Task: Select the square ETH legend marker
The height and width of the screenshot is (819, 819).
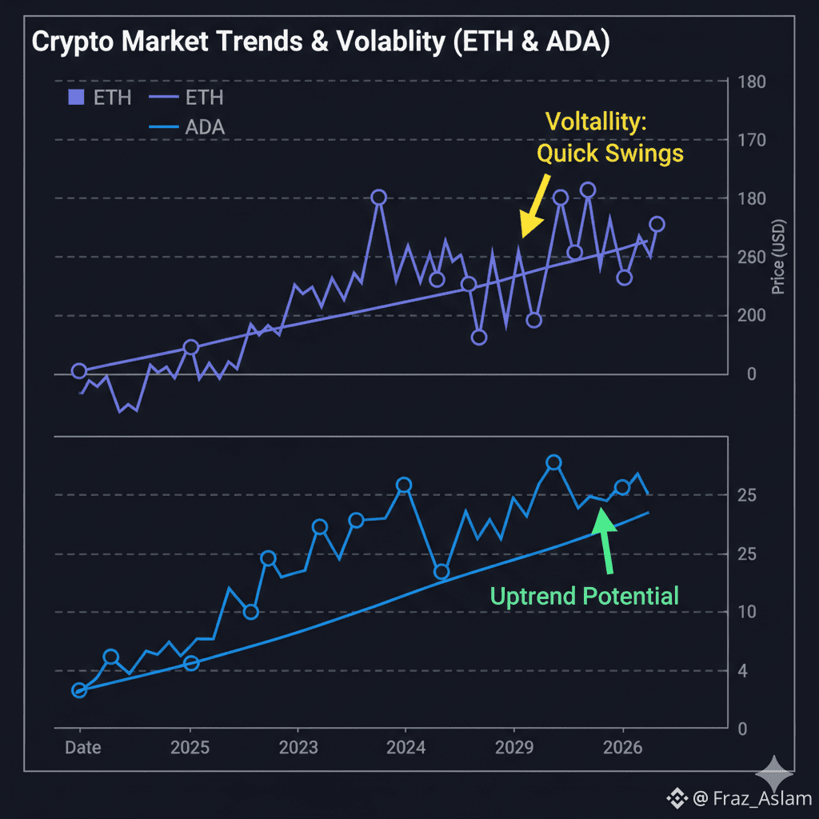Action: (x=76, y=98)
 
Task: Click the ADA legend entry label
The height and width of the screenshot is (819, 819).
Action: (x=205, y=127)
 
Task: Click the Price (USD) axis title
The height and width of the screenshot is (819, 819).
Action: (x=781, y=258)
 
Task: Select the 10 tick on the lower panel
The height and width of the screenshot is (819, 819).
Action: (x=747, y=612)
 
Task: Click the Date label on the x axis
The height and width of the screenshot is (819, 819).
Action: (x=82, y=748)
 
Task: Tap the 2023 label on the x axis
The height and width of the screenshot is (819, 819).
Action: (x=298, y=748)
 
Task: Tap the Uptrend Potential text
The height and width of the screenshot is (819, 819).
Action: (x=584, y=596)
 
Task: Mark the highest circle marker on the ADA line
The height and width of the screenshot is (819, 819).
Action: (x=553, y=462)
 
